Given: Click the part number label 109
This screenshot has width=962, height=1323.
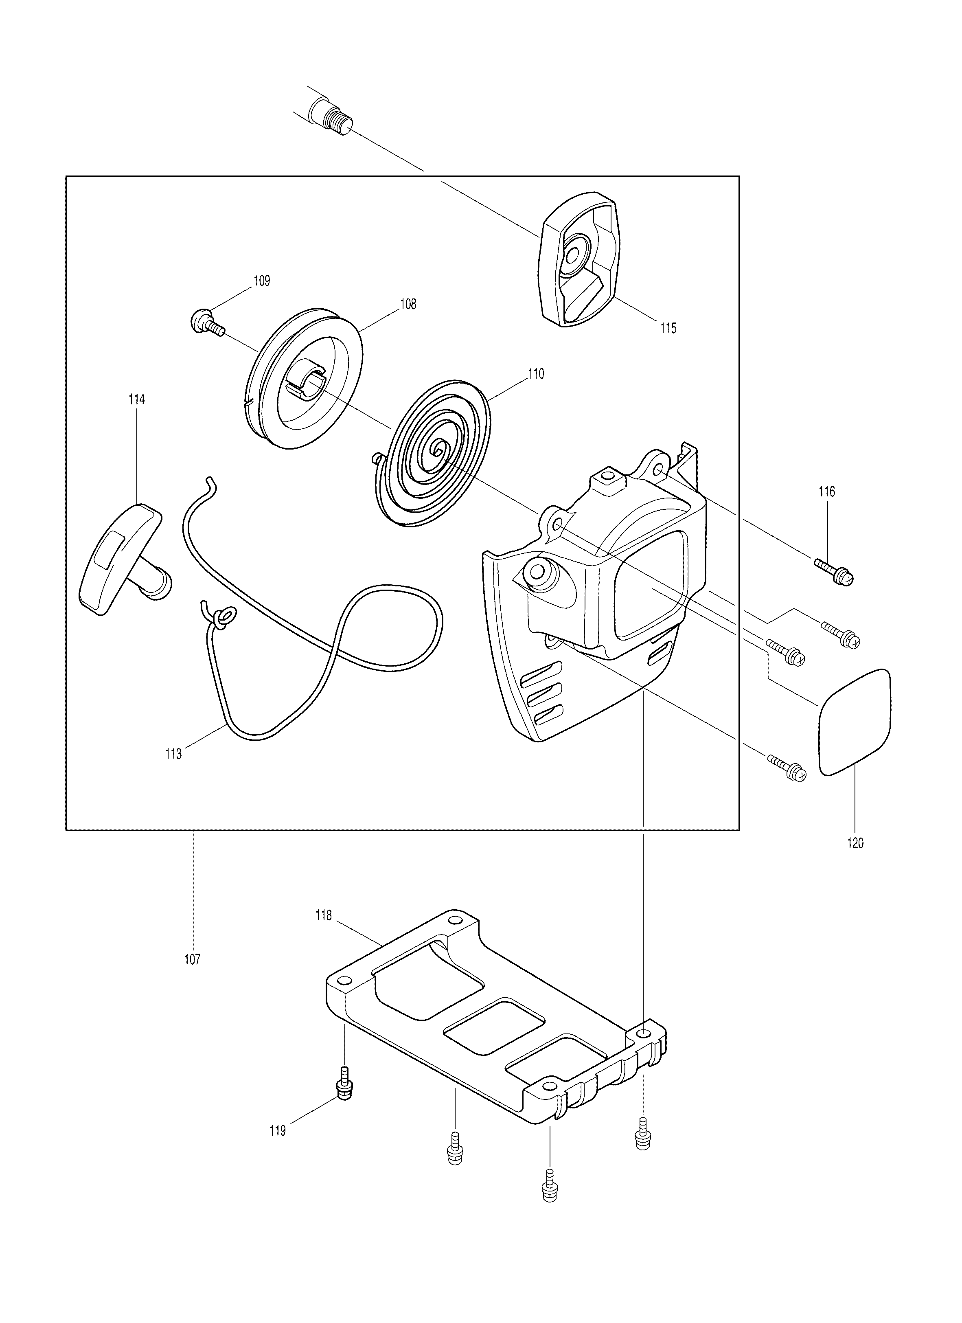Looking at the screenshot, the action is click(262, 281).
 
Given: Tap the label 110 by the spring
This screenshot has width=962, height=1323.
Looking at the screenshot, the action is click(536, 374).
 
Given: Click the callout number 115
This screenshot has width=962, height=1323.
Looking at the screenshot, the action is click(669, 329).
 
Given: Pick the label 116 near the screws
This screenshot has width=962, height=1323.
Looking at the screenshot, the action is click(827, 492).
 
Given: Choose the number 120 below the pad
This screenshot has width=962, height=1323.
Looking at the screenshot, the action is click(855, 843).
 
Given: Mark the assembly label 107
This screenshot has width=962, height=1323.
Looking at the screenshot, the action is click(193, 960).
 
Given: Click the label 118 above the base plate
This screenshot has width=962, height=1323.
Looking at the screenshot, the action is click(324, 916).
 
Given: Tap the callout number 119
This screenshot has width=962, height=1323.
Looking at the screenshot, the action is click(278, 1131).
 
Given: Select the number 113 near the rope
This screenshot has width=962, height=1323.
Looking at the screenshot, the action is click(174, 754).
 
